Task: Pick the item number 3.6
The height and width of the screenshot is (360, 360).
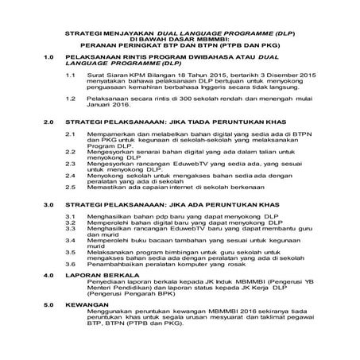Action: coord(70,261)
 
